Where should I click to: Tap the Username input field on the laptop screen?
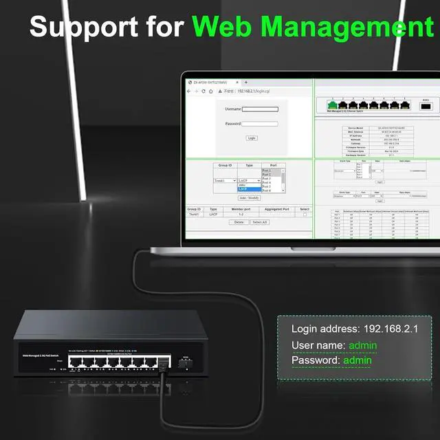click(x=260, y=109)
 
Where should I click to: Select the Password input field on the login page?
click(x=259, y=124)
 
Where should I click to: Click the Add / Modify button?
click(x=248, y=197)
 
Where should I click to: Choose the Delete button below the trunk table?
click(x=239, y=222)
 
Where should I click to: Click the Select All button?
click(x=259, y=222)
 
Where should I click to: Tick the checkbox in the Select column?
click(x=305, y=214)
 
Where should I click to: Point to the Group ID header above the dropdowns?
click(x=225, y=166)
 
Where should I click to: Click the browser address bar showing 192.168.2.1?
click(x=254, y=91)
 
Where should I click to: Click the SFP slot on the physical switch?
click(x=184, y=362)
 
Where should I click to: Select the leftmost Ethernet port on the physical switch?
click(x=74, y=362)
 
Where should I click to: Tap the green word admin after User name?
click(x=363, y=345)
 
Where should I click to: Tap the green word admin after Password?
click(x=357, y=360)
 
